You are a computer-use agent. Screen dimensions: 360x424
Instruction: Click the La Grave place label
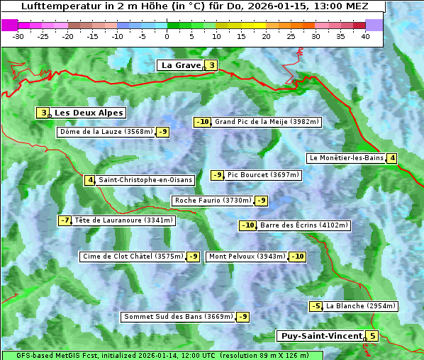[x=181, y=65]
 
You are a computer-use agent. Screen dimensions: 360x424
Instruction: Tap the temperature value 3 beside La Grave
[x=211, y=66]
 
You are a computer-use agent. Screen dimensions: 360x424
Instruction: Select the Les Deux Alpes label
[x=89, y=113]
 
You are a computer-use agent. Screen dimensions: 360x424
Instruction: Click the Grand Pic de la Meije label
[x=267, y=122]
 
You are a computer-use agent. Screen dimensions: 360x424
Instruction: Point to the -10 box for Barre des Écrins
[x=247, y=225]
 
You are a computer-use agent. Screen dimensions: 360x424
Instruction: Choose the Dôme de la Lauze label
[x=106, y=132]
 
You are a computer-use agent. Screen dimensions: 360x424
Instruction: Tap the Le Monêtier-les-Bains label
[x=345, y=158]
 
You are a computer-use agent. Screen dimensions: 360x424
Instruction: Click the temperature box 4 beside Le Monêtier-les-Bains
[x=391, y=158]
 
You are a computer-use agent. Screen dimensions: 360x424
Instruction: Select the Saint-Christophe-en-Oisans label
[x=145, y=180]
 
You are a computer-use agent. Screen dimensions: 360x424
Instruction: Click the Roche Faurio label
[x=213, y=201]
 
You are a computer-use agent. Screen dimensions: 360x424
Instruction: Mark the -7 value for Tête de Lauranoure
[x=65, y=220]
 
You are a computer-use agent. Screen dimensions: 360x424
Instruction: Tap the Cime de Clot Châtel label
[x=133, y=257]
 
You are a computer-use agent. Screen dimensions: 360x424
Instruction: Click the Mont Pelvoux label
[x=246, y=257]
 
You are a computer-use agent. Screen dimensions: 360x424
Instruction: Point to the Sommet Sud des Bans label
[x=178, y=317]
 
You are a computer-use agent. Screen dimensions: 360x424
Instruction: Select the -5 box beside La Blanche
[x=316, y=306]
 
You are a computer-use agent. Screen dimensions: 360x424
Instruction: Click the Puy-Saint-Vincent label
[x=320, y=336]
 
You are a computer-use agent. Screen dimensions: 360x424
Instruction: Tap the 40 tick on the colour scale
[x=365, y=36]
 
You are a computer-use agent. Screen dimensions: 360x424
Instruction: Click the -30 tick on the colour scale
[x=18, y=36]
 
